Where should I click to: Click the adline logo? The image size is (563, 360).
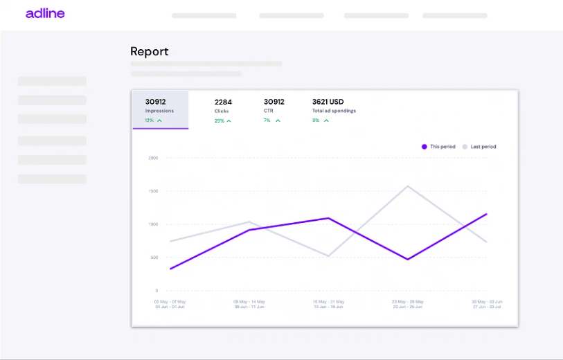[x=45, y=13]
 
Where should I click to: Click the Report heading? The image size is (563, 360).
[x=149, y=51]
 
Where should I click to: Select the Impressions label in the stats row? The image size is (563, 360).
[x=159, y=111]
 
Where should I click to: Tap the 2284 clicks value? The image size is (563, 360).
[x=223, y=102]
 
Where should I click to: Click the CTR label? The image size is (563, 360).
[x=269, y=111]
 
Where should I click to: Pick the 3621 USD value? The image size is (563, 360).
[x=328, y=102]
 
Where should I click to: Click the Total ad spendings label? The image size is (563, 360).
[x=334, y=111]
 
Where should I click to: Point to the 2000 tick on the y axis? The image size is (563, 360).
[x=152, y=158]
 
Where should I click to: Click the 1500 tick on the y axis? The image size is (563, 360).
[x=152, y=191]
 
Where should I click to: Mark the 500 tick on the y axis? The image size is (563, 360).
[x=153, y=258]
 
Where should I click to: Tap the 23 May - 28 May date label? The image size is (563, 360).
[x=407, y=302]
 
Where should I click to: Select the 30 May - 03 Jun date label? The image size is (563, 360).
[x=486, y=302]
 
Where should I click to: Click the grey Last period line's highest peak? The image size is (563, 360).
[x=408, y=186]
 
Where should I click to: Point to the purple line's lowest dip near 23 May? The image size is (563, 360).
[x=408, y=260]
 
